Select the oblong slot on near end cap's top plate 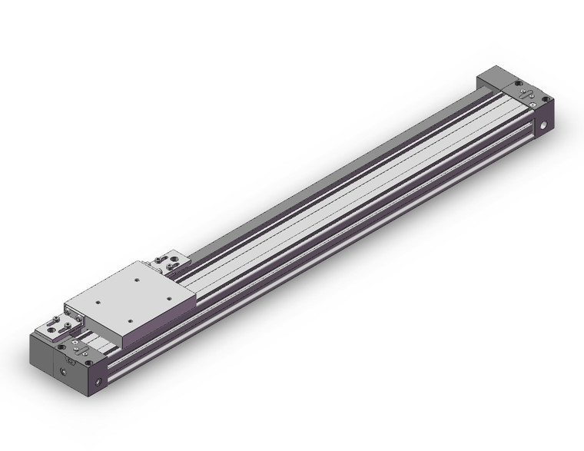(x=70, y=356)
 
